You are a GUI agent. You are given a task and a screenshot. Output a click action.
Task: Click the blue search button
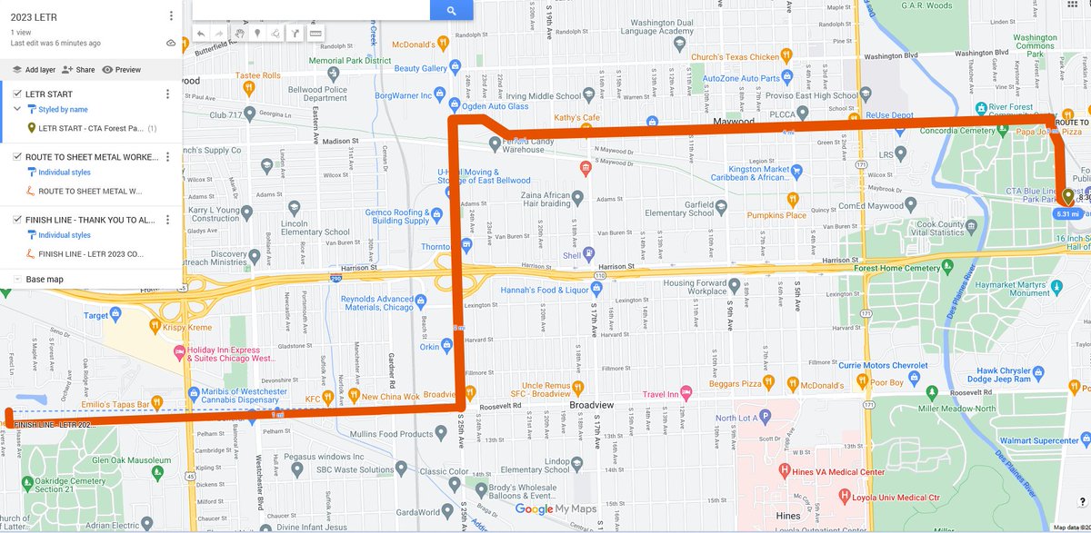tap(451, 10)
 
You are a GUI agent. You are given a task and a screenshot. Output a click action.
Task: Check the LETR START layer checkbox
tap(17, 94)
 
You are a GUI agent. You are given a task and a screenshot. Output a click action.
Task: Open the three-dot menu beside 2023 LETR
tap(171, 16)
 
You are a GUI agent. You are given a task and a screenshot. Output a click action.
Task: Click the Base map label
tap(45, 279)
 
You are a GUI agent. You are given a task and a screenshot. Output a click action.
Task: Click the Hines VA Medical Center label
tap(844, 472)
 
